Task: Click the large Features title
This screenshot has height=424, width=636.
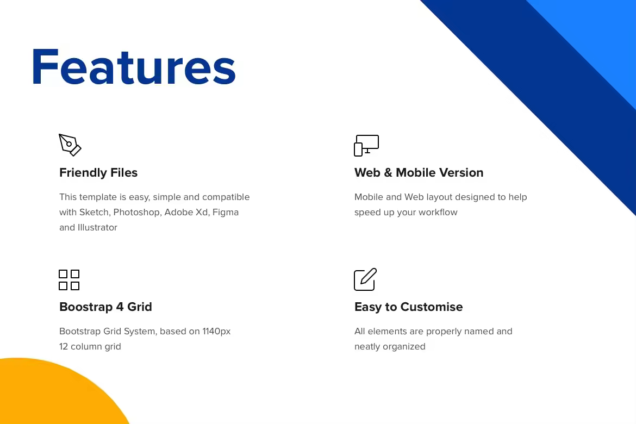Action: tap(134, 67)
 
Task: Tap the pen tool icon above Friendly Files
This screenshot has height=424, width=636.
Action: tap(70, 145)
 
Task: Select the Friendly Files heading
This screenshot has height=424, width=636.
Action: tap(98, 172)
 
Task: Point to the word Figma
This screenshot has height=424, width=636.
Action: tap(226, 212)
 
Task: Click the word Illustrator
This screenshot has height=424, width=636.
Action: tap(97, 227)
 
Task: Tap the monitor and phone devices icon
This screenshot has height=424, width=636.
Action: tap(366, 145)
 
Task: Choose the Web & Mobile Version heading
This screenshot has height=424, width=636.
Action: tap(419, 172)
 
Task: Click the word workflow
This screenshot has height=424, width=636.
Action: tap(438, 212)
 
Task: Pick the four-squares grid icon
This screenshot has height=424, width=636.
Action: tap(69, 280)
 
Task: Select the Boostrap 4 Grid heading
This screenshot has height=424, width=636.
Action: tap(105, 307)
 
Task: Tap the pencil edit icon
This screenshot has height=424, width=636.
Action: tap(365, 279)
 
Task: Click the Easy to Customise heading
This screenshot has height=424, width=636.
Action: tap(408, 307)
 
